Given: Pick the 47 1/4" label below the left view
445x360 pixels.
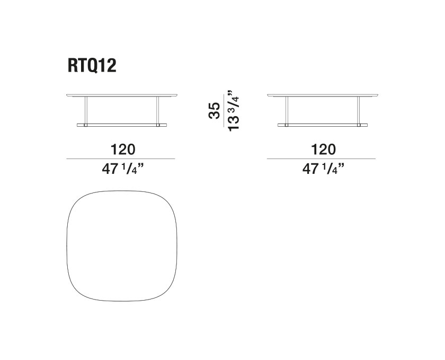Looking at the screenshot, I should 121,169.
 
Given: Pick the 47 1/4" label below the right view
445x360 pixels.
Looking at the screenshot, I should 321,169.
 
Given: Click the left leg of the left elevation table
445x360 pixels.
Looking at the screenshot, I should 86,110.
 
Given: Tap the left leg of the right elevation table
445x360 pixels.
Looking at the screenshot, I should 287,110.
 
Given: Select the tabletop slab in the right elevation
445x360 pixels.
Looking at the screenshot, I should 321,96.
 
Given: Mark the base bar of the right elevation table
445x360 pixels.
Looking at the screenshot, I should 321,125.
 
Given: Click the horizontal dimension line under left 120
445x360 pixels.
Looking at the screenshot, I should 121,159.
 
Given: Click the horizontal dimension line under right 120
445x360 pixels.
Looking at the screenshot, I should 321,159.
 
